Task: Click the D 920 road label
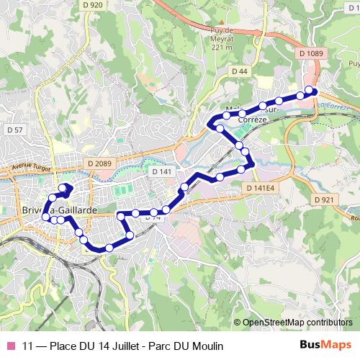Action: click(94, 5)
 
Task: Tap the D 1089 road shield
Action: click(311, 53)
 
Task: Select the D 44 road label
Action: click(240, 71)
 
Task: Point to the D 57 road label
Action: click(14, 130)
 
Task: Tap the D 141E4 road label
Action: click(259, 188)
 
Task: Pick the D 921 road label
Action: click(324, 199)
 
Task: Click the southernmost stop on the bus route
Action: click(109, 248)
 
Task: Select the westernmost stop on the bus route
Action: click(45, 216)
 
